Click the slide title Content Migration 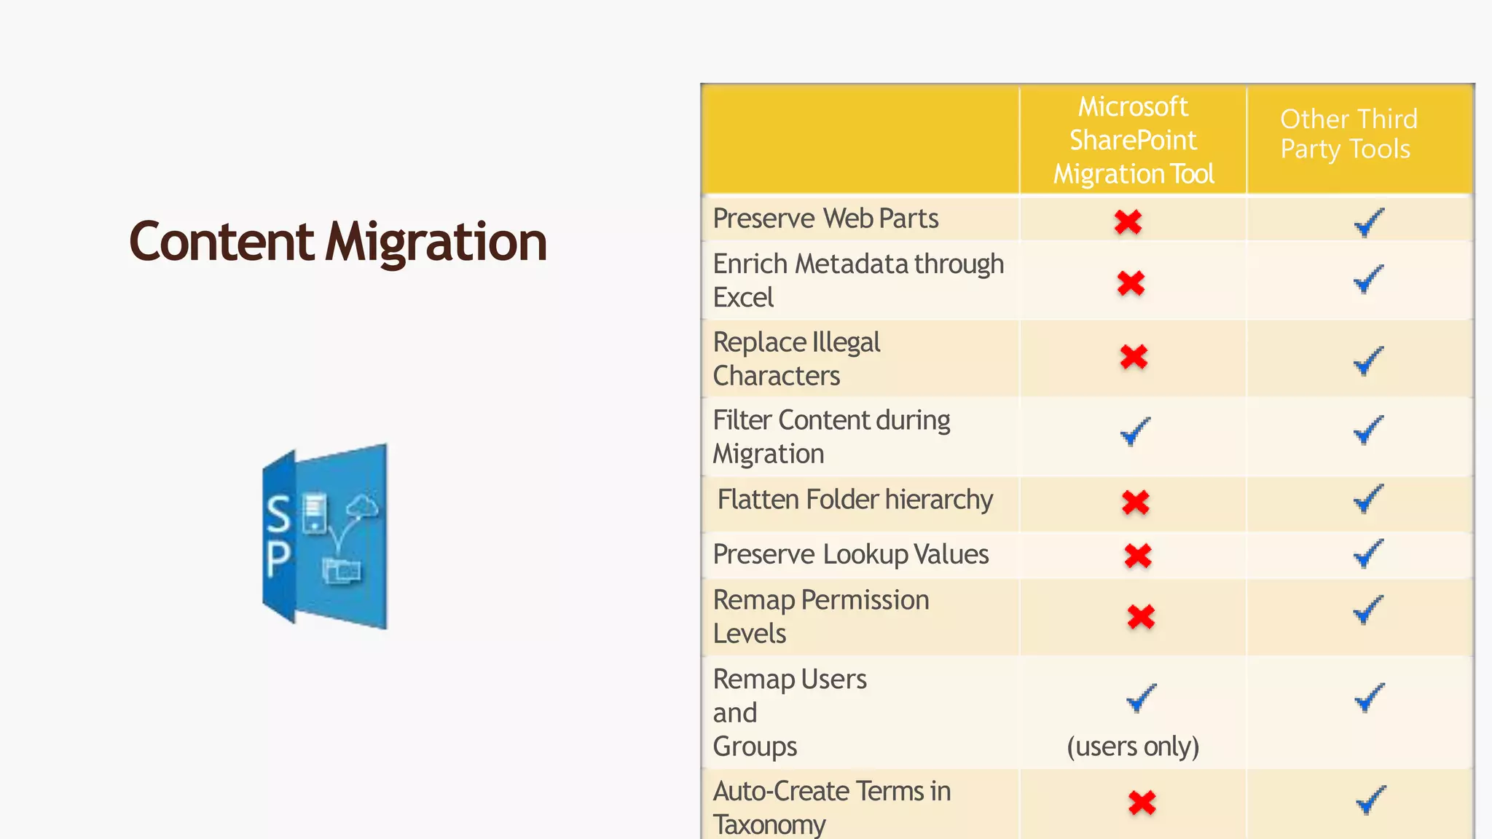(337, 242)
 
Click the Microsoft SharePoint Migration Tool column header (1133, 140)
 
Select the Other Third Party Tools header (1348, 134)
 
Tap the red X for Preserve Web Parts (1128, 221)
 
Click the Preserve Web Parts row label (825, 218)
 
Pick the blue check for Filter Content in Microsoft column (1135, 431)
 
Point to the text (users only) (1133, 746)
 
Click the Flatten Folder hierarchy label (855, 500)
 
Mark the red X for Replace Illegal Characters (1134, 357)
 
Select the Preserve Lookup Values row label (850, 554)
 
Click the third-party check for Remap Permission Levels (1368, 610)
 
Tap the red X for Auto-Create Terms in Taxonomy (1142, 803)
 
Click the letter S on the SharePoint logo (278, 514)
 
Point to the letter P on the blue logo (278, 559)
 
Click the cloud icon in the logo (362, 505)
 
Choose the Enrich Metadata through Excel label (857, 280)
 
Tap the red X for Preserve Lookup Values (1137, 556)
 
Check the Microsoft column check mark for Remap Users (1141, 698)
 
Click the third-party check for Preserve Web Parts (1369, 222)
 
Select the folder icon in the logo (342, 570)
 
